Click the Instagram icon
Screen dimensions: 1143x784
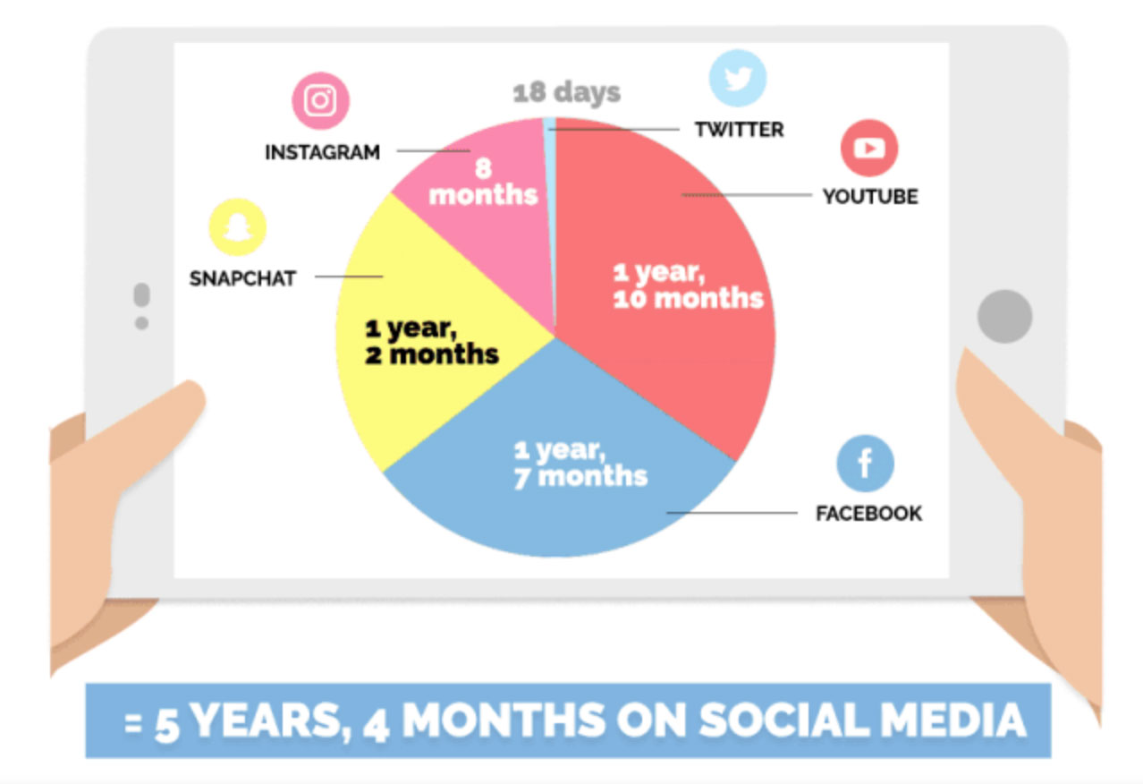320,100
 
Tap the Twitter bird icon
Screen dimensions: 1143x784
737,78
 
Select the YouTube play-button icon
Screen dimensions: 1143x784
869,148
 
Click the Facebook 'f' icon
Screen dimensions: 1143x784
865,464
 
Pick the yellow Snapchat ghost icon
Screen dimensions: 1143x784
238,226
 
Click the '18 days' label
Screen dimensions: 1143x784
566,92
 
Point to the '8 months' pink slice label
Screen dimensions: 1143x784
483,182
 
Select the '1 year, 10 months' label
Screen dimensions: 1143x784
688,285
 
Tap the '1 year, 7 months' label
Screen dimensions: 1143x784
580,464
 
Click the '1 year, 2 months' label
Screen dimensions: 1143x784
432,341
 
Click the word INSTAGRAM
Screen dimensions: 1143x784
323,152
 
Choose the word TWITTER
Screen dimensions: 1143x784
740,130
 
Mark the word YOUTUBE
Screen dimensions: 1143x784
870,197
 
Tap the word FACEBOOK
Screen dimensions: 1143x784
869,514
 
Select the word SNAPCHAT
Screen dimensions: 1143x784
242,278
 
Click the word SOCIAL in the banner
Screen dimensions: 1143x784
783,720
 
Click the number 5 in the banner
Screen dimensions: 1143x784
167,724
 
